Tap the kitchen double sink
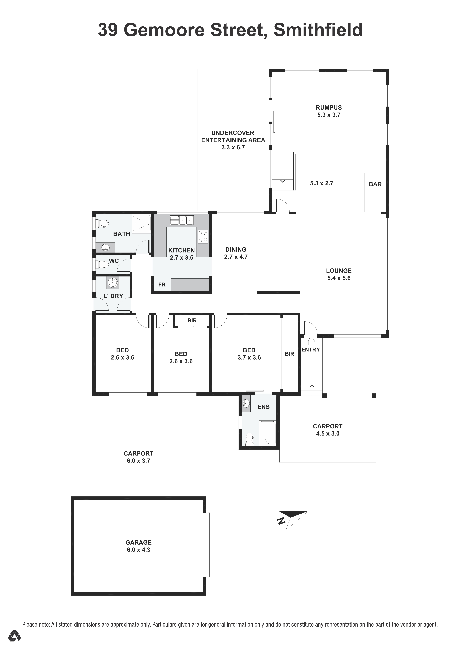182,220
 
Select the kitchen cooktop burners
203,237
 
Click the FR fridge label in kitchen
162,285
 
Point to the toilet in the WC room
102,265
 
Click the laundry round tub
113,283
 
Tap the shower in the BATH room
142,224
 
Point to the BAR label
375,184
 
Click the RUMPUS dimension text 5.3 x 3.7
329,115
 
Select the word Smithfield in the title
318,30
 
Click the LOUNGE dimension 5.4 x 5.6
339,278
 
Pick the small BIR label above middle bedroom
192,320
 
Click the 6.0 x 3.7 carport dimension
138,461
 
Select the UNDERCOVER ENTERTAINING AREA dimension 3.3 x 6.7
233,147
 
